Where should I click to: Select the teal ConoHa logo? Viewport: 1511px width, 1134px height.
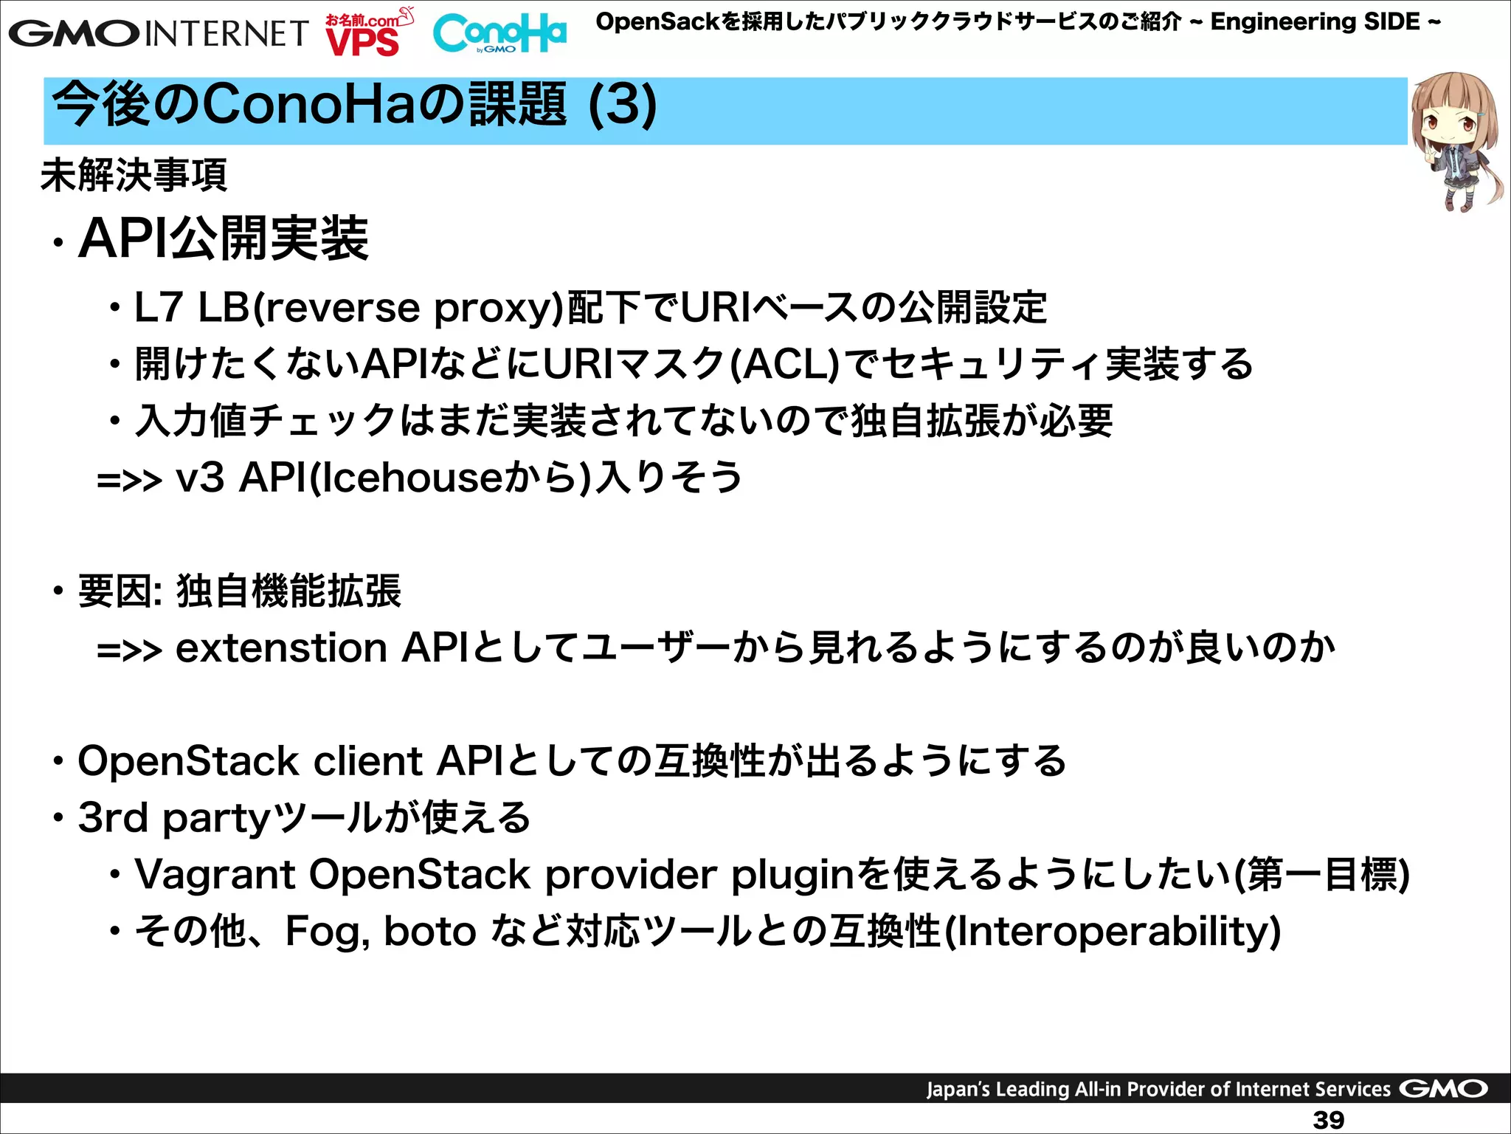tap(499, 33)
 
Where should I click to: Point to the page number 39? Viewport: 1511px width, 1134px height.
tap(1328, 1119)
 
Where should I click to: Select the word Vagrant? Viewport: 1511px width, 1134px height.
tap(214, 875)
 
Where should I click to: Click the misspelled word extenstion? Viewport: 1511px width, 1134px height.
tap(281, 648)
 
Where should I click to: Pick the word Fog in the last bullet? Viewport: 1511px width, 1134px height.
tap(325, 932)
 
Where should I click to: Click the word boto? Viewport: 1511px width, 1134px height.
tap(429, 932)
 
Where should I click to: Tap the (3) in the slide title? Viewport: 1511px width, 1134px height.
tap(622, 106)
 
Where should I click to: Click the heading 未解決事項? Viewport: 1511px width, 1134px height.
tap(134, 176)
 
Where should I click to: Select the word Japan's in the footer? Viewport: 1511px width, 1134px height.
tap(958, 1089)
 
